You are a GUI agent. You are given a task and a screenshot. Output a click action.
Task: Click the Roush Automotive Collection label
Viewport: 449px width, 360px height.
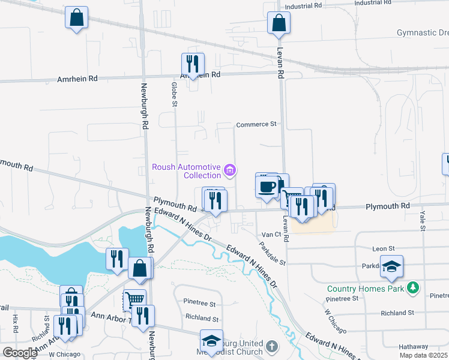[186, 171]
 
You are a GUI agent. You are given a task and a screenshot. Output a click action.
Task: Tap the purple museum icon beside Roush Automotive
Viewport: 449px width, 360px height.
[229, 171]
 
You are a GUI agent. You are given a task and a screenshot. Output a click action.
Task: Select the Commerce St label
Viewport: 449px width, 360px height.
[256, 124]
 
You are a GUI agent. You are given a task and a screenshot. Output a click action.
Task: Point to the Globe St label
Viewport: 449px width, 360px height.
[175, 96]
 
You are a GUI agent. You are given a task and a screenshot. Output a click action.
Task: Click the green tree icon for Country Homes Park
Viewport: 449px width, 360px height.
[412, 289]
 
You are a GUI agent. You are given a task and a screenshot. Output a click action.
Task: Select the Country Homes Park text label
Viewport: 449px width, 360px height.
[366, 289]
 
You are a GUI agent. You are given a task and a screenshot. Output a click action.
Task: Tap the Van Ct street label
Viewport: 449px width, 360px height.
[268, 235]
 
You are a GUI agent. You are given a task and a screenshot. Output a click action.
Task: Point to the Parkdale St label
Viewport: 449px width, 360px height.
[273, 254]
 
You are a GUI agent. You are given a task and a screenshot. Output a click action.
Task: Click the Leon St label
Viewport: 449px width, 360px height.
[383, 248]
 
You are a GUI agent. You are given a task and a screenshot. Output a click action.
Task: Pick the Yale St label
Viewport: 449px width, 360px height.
[423, 220]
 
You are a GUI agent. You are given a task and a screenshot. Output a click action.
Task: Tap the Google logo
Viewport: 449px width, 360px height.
[19, 352]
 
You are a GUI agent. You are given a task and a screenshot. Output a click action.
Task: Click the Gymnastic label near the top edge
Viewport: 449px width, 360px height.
[423, 32]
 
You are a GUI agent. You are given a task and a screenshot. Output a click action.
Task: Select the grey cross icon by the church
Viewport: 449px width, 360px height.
[272, 346]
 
